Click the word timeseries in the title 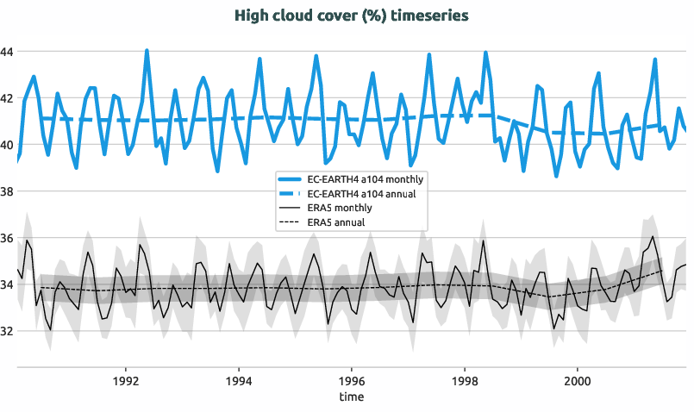[422, 16]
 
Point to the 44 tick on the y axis [7, 52]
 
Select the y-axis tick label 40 [7, 145]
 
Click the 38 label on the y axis [7, 191]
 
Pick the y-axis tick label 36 [7, 238]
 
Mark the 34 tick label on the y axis [7, 284]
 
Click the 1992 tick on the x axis [126, 380]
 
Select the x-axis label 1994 [239, 380]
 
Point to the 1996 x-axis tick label [352, 380]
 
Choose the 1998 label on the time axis [465, 380]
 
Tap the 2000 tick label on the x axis [577, 380]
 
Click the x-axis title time [351, 397]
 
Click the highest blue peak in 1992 [147, 50]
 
